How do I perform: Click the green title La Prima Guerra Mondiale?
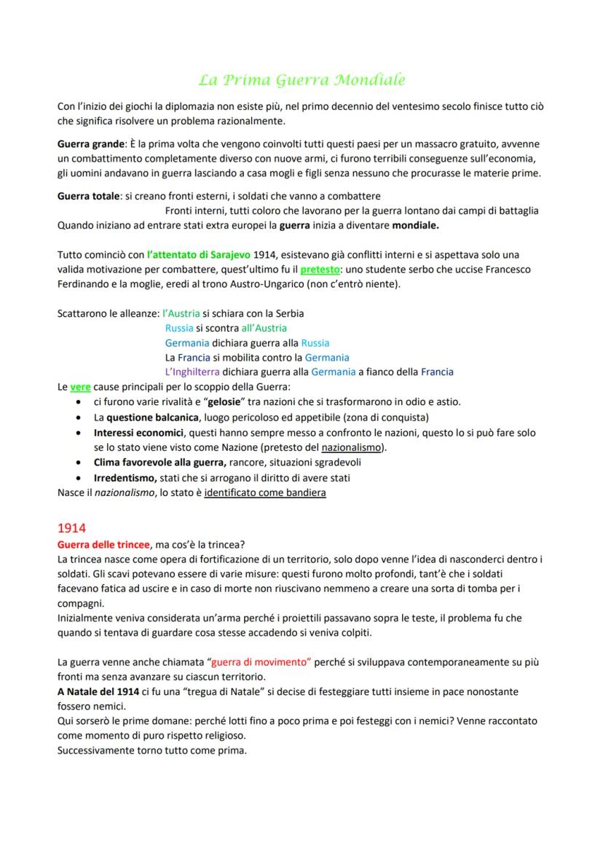pos(301,79)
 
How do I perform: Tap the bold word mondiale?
pos(415,225)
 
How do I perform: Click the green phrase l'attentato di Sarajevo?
pos(198,254)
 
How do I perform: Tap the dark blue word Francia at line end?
pos(437,372)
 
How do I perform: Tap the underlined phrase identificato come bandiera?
pos(265,492)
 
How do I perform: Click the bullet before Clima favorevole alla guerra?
pos(79,463)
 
